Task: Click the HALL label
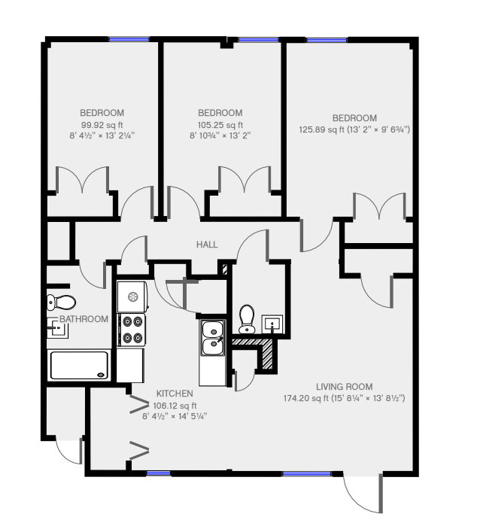tap(207, 245)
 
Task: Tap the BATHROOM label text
tap(84, 319)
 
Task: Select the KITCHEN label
tap(175, 394)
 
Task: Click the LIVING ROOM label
tap(344, 387)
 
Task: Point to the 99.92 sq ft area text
tap(102, 125)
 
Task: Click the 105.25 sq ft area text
tap(220, 125)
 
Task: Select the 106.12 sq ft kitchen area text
tap(175, 406)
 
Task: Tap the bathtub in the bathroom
tap(80, 365)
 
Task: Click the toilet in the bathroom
tap(61, 303)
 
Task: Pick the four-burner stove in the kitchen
tap(132, 330)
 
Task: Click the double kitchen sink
tap(212, 338)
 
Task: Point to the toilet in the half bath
tap(247, 318)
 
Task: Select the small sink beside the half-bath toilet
tap(272, 324)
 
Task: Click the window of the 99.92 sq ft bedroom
tap(129, 39)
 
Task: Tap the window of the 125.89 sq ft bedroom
tap(327, 40)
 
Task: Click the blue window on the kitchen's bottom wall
tap(159, 473)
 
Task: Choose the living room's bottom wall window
tap(307, 474)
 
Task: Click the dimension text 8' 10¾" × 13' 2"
tap(220, 135)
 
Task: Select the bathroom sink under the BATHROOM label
tap(57, 327)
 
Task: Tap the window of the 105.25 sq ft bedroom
tap(258, 40)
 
